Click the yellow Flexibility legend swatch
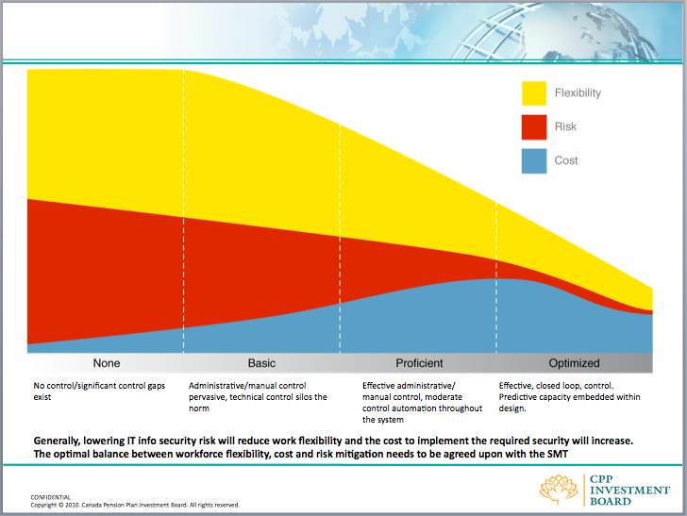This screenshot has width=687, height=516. pyautogui.click(x=534, y=93)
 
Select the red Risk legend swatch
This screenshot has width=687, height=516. pyautogui.click(x=534, y=127)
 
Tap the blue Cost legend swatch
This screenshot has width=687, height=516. pyautogui.click(x=534, y=160)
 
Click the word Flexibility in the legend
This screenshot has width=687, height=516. pyautogui.click(x=578, y=92)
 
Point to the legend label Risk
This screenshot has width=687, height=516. pyautogui.click(x=565, y=126)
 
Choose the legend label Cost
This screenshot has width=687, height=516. pyautogui.click(x=566, y=160)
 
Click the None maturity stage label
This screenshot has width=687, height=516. pyautogui.click(x=107, y=363)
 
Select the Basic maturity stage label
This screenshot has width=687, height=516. pyautogui.click(x=261, y=363)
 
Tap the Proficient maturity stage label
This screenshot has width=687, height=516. pyautogui.click(x=419, y=363)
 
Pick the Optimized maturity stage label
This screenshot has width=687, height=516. pyautogui.click(x=574, y=363)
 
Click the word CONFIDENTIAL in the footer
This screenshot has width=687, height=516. pyautogui.click(x=50, y=497)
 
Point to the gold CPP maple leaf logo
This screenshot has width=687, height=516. pyautogui.click(x=559, y=490)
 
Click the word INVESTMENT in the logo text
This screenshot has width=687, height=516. pyautogui.click(x=629, y=491)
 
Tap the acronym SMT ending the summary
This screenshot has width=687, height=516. pyautogui.click(x=558, y=454)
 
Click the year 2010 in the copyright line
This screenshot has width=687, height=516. pyautogui.click(x=72, y=505)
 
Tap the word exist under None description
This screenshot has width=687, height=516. pyautogui.click(x=42, y=397)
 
